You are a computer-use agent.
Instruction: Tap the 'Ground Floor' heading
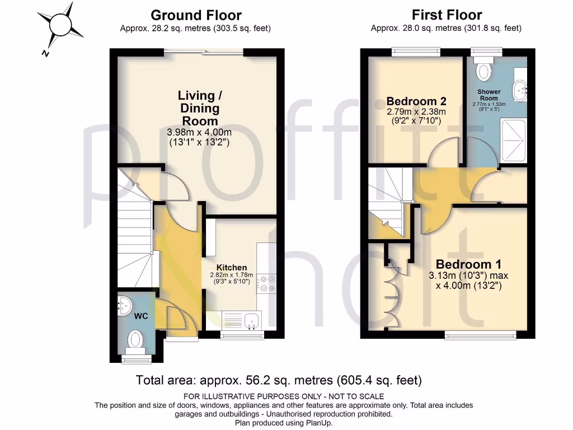[196, 15]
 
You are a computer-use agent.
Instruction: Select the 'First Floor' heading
[447, 15]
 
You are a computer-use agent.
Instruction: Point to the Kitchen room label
[232, 268]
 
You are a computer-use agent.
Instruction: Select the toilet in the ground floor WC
[135, 339]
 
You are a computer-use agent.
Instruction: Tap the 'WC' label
[140, 316]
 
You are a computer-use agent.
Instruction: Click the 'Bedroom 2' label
[416, 101]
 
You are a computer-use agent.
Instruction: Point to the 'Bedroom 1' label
[468, 264]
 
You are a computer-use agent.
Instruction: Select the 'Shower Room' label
[489, 95]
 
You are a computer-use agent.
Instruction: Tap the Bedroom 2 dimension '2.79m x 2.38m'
[416, 111]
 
